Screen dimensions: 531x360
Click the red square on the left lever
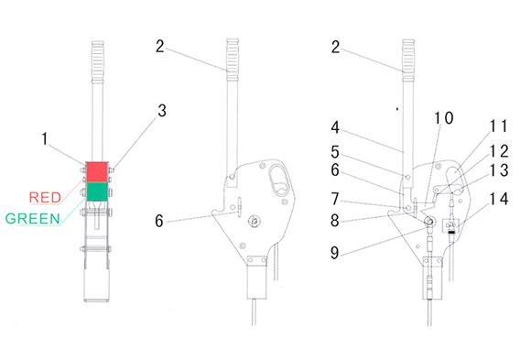point(97,171)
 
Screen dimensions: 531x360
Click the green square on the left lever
point(97,191)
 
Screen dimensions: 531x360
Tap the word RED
point(45,197)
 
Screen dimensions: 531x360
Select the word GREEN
point(33,219)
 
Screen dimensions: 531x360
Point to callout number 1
point(44,139)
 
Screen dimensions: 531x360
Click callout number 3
point(162,111)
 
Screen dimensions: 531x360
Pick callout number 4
point(335,127)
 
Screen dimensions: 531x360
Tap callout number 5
point(335,152)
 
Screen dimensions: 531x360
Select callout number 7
point(335,199)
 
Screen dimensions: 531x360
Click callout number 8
point(334,221)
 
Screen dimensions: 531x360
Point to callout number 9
point(334,253)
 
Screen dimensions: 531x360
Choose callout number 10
point(444,118)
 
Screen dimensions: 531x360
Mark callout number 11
point(498,125)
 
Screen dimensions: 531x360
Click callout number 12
point(499,151)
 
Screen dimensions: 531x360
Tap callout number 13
point(499,170)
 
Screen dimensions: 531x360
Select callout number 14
point(499,199)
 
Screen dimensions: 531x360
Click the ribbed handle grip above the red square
point(98,61)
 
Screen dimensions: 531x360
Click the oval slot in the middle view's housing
point(280,180)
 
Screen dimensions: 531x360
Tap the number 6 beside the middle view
point(159,221)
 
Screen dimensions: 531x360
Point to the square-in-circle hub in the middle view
point(255,222)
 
